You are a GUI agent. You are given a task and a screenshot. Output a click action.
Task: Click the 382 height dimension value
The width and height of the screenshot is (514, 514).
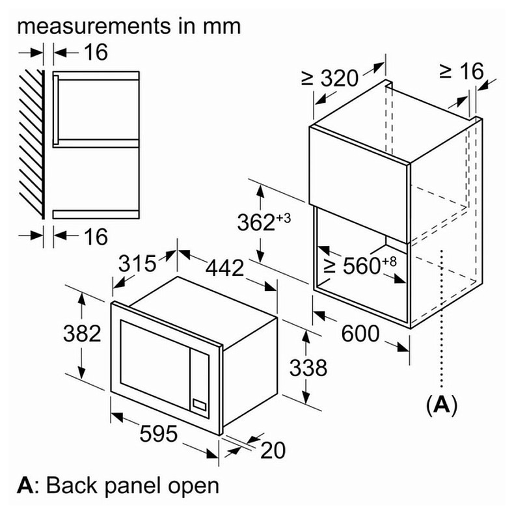(x=82, y=334)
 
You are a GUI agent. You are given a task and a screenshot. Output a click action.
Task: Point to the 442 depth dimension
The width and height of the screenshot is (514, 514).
(x=225, y=267)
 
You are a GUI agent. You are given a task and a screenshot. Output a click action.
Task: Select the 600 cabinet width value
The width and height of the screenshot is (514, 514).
(x=360, y=334)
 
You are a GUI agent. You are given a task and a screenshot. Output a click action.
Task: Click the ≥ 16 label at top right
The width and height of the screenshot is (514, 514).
(x=463, y=70)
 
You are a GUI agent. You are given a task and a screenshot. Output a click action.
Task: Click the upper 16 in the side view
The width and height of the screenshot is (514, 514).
(x=96, y=52)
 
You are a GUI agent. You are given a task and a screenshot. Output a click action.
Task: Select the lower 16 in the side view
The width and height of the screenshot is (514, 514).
(x=96, y=237)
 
